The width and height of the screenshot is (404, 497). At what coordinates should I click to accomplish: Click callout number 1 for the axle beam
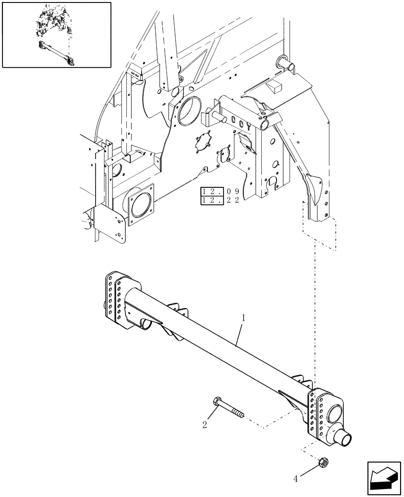[x=242, y=316]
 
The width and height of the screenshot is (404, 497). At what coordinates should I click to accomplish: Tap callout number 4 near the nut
[x=296, y=479]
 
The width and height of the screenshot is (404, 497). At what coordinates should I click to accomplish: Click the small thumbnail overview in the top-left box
[x=56, y=34]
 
